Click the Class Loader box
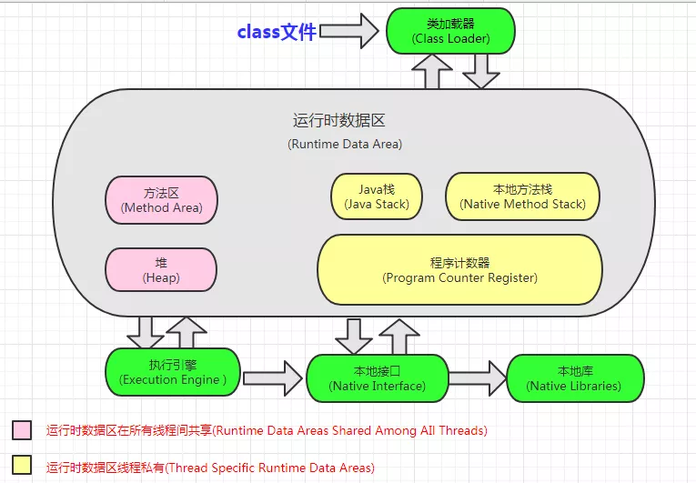point(450,30)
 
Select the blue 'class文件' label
point(277,32)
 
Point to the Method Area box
point(161,199)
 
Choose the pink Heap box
point(161,270)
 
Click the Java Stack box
point(377,196)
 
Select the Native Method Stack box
point(523,196)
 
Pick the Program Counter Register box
point(459,270)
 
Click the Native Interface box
point(377,378)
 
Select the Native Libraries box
point(574,378)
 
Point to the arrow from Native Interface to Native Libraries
point(478,377)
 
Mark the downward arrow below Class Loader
point(481,71)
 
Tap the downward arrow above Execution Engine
point(145,333)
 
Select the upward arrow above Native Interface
point(398,337)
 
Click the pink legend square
point(22,429)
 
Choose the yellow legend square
point(22,465)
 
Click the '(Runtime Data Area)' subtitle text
point(345,144)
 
